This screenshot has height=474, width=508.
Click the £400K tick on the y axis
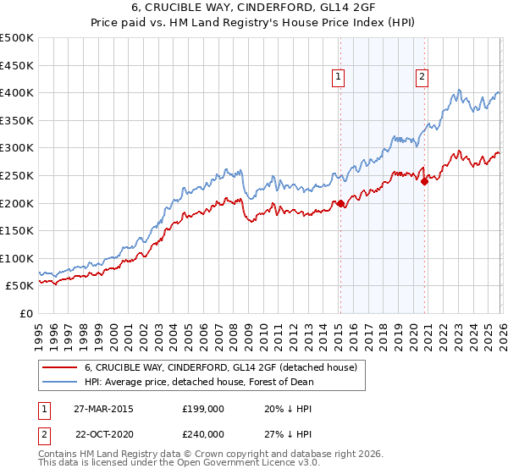[x=18, y=92]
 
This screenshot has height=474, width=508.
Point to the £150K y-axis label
[x=18, y=230]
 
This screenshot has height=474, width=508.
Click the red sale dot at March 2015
[x=340, y=203]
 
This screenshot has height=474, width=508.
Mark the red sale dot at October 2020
[x=424, y=181]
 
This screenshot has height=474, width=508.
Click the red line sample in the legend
[x=59, y=367]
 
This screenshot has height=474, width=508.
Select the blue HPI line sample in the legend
[x=59, y=382]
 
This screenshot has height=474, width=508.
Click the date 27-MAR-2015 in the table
[x=103, y=408]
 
